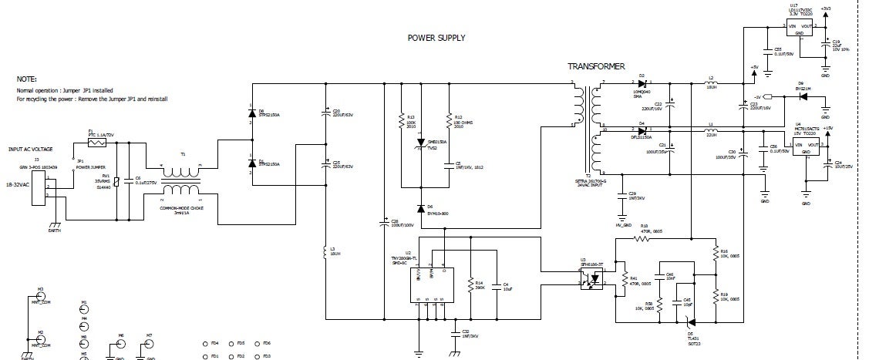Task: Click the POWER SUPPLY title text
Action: (436, 37)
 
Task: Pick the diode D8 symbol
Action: (251, 113)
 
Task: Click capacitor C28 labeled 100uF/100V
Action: (384, 224)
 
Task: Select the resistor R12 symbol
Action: (449, 120)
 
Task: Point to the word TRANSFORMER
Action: (595, 67)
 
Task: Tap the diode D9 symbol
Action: (800, 96)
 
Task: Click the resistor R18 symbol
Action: (642, 239)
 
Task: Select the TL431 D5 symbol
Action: (689, 322)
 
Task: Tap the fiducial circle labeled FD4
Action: (204, 343)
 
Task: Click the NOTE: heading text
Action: (27, 79)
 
